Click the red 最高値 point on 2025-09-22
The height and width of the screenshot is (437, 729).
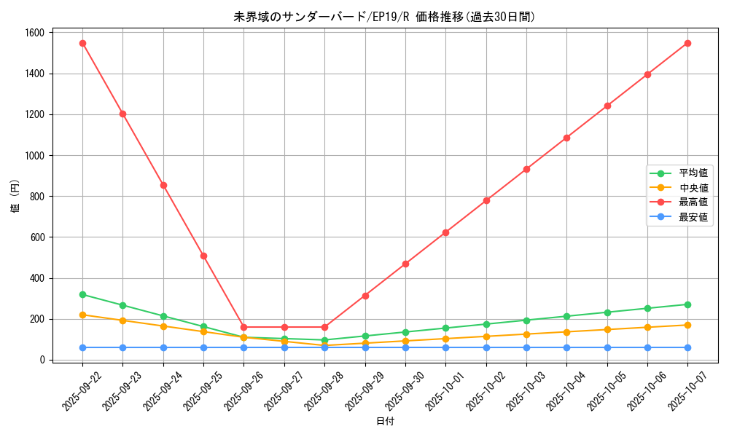tap(82, 43)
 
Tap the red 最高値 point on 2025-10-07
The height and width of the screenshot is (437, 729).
tap(687, 43)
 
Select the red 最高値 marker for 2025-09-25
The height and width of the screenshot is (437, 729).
tap(203, 256)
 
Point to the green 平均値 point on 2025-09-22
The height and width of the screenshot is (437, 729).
tap(82, 294)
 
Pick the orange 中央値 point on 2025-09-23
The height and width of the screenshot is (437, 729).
tap(122, 320)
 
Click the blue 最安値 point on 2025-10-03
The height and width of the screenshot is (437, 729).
tap(526, 347)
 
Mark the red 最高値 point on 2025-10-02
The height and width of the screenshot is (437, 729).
tap(486, 200)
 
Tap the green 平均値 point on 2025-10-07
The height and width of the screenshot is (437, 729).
tap(687, 304)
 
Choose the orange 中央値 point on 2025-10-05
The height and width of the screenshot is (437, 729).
tap(607, 329)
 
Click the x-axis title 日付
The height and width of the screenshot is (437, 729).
tap(385, 422)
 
